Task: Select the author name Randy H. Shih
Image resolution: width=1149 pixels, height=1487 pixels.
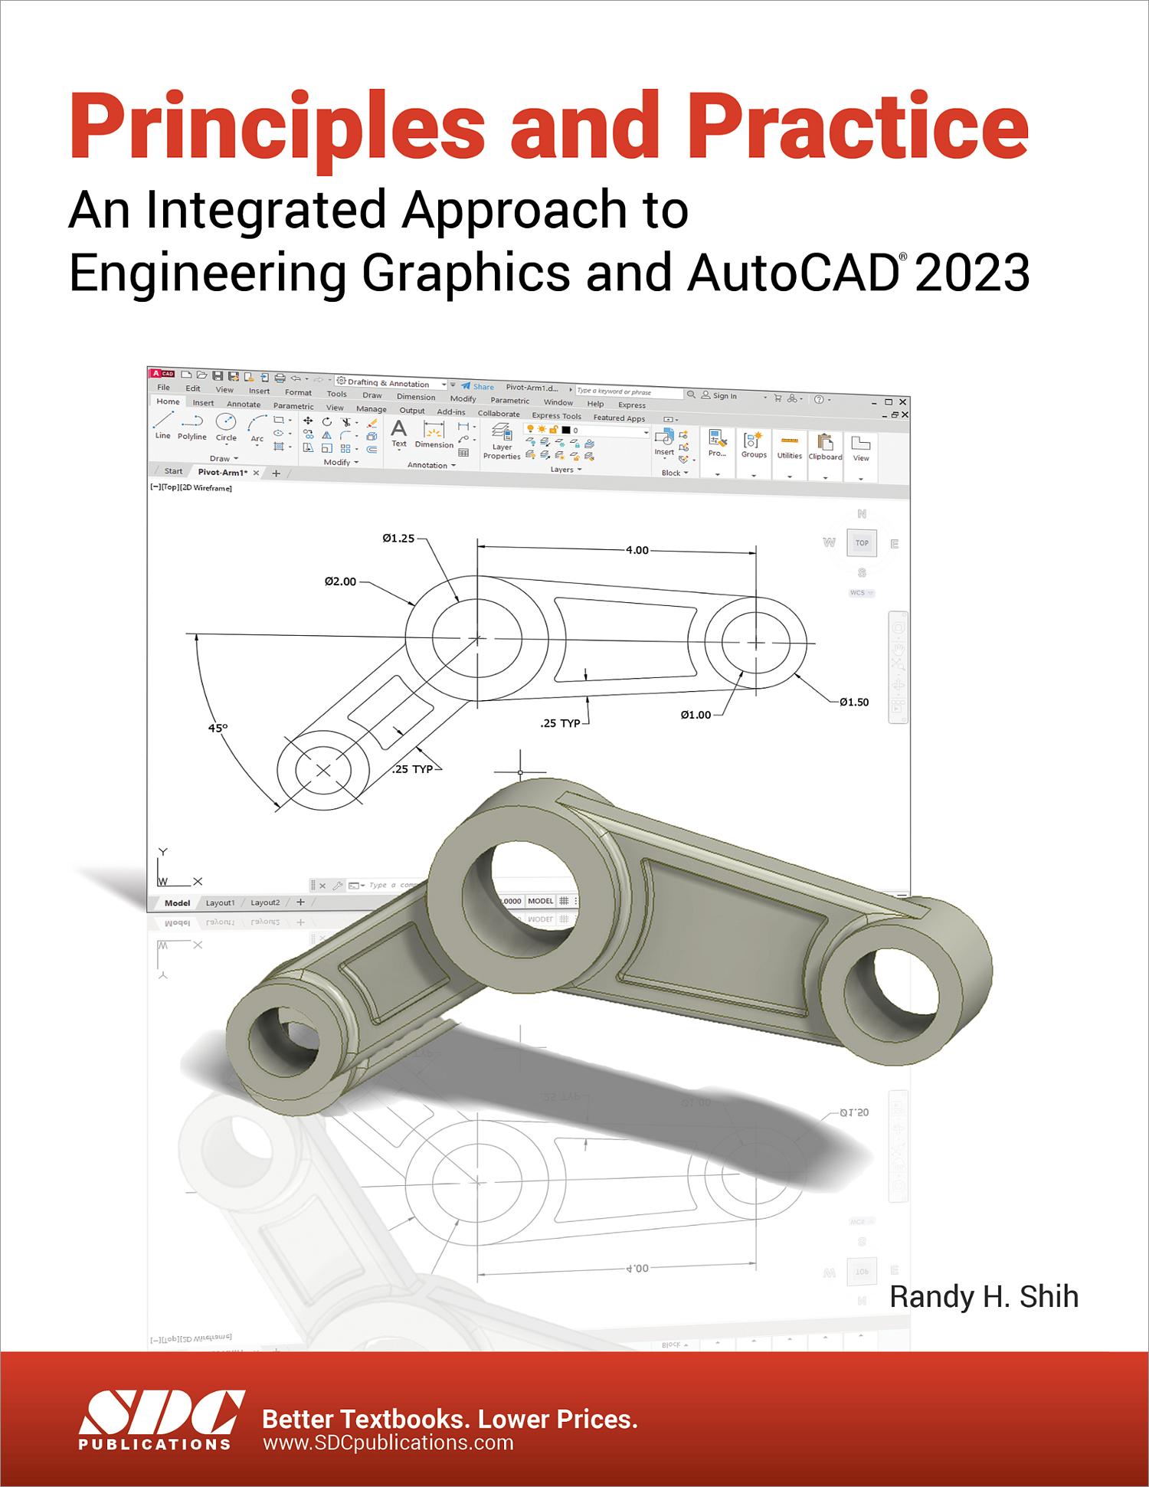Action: pyautogui.click(x=984, y=1296)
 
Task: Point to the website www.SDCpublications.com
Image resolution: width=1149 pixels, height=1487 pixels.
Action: pyautogui.click(x=388, y=1443)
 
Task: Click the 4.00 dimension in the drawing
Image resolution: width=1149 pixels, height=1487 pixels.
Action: pyautogui.click(x=637, y=549)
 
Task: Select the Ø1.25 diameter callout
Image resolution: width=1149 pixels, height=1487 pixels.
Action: pyautogui.click(x=398, y=539)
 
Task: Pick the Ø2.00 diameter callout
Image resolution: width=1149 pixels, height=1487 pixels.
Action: pyautogui.click(x=340, y=581)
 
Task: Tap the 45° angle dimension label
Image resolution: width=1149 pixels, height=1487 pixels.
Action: pyautogui.click(x=218, y=728)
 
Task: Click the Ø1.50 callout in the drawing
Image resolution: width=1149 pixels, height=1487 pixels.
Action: pyautogui.click(x=853, y=702)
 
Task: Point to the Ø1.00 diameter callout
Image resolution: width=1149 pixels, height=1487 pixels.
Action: pyautogui.click(x=696, y=715)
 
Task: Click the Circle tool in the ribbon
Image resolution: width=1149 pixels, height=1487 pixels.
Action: pyautogui.click(x=226, y=427)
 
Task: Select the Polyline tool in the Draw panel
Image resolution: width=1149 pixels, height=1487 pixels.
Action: pyautogui.click(x=192, y=427)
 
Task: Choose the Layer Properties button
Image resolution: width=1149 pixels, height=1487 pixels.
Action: pyautogui.click(x=502, y=442)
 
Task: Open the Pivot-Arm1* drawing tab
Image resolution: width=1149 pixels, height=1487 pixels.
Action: pyautogui.click(x=222, y=473)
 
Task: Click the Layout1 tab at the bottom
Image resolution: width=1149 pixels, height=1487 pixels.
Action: pyautogui.click(x=220, y=902)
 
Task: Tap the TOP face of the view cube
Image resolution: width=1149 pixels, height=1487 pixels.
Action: pyautogui.click(x=862, y=543)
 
